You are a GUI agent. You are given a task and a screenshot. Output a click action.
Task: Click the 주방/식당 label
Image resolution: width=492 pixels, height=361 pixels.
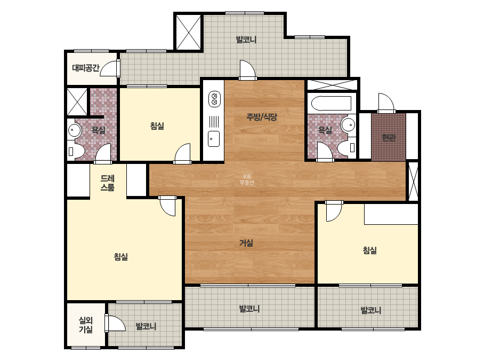[x=262, y=117]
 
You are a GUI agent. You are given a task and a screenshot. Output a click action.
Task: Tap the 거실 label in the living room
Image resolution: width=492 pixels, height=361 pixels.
[x=246, y=243]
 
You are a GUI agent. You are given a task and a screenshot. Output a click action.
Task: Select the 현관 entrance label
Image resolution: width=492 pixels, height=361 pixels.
[x=389, y=137]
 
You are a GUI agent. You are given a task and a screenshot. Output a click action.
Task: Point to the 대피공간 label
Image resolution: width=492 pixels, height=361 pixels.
[x=86, y=68]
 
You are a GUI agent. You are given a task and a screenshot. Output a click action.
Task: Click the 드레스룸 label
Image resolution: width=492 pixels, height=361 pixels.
[x=107, y=183]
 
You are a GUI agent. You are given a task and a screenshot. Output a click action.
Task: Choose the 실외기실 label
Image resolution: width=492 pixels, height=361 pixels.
[x=86, y=325]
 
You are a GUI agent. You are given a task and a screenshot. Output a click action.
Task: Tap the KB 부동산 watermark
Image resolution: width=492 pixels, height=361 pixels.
[x=247, y=179]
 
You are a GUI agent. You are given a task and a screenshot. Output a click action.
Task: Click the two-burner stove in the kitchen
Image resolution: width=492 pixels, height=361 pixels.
[x=214, y=99]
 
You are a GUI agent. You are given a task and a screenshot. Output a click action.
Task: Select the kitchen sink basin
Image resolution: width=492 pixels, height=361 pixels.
[x=214, y=139]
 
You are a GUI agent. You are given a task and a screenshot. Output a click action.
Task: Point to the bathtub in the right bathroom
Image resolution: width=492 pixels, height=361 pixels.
[x=331, y=104]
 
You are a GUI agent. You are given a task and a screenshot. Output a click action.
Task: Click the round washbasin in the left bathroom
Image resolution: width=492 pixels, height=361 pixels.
[x=75, y=130]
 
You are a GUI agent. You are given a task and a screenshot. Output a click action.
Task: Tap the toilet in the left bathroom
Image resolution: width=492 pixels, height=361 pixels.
[x=76, y=151]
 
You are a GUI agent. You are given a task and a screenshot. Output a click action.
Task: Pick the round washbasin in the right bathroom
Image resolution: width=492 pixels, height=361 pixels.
[x=348, y=125]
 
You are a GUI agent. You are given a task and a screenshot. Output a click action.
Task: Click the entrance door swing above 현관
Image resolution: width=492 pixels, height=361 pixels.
[x=386, y=102]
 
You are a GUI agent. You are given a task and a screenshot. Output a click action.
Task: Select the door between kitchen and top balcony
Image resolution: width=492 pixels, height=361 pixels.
[x=247, y=70]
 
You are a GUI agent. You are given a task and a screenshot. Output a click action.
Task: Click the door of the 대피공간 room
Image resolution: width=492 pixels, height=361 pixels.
[x=110, y=68]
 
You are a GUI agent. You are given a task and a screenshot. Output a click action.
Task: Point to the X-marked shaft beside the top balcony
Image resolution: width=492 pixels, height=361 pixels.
[x=188, y=32]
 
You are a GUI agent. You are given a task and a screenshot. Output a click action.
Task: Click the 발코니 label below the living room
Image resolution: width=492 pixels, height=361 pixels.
[x=249, y=309]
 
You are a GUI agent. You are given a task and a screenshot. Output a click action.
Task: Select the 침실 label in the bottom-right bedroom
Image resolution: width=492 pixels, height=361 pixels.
[x=369, y=250]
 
